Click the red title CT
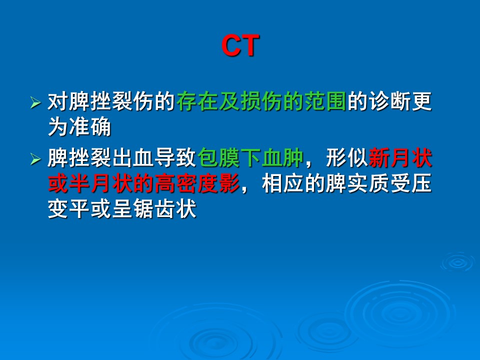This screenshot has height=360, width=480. [240, 45]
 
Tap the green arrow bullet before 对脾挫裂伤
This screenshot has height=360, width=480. [35, 102]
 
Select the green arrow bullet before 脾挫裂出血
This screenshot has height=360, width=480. [35, 159]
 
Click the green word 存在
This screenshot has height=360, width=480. [197, 101]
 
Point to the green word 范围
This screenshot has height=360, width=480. [325, 101]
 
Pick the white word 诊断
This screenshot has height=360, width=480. [389, 101]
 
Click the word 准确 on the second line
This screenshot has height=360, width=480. [90, 126]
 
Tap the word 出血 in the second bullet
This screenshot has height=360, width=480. [133, 158]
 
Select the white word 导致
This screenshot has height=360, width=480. [176, 158]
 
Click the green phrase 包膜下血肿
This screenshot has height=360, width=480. [250, 158]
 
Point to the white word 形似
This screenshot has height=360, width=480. [347, 158]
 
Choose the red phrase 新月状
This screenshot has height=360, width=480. [400, 158]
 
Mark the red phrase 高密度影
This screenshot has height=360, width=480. [197, 183]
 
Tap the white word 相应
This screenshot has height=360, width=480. [283, 183]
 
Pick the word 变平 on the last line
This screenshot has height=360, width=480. [69, 209]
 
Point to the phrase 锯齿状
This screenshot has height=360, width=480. [165, 209]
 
